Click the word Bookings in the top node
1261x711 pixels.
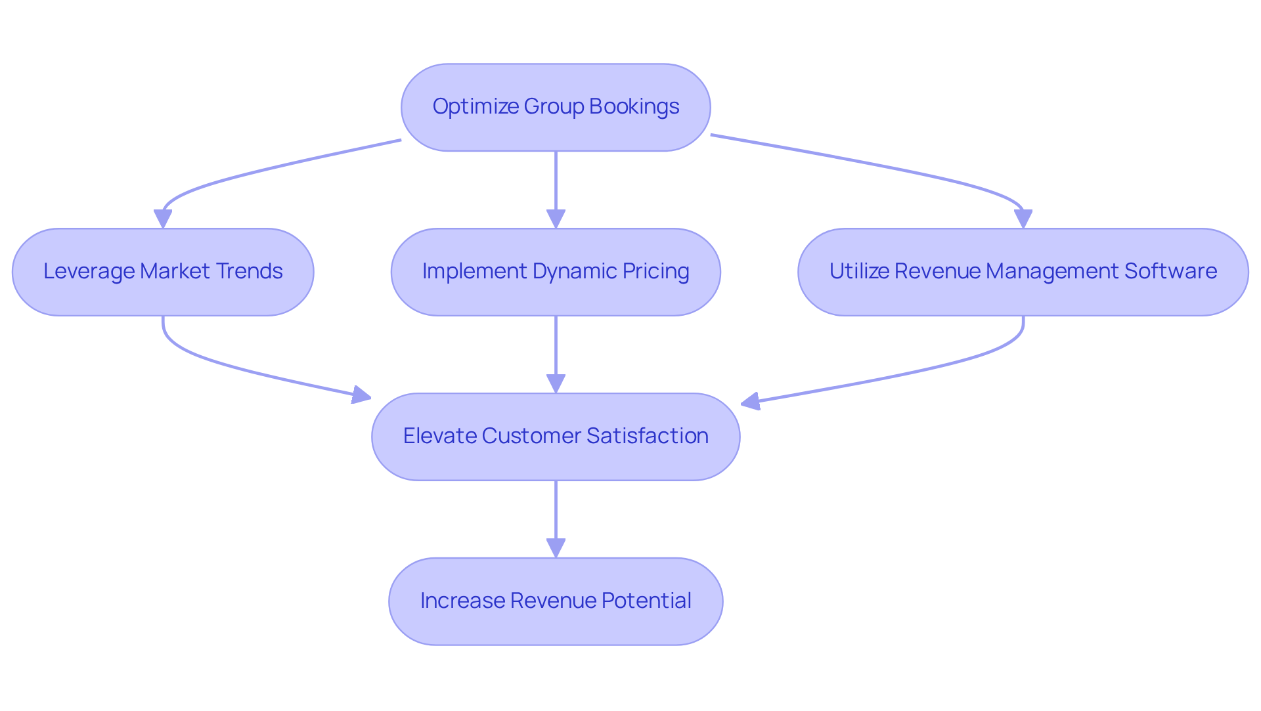click(x=634, y=106)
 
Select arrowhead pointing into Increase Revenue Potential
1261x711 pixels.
click(x=556, y=549)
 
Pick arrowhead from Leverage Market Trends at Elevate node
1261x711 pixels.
click(x=361, y=395)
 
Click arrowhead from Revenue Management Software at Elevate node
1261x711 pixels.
click(x=751, y=401)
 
